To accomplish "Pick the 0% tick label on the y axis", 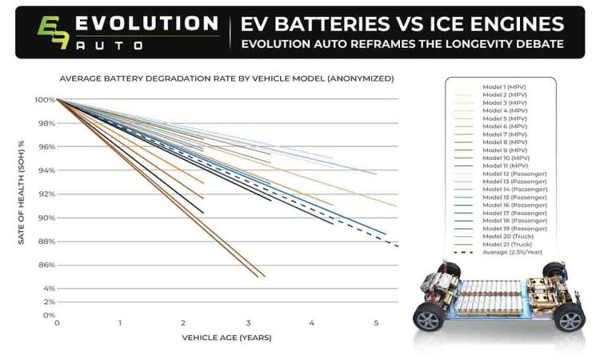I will point(46,315).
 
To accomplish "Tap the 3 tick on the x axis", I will point(248,323).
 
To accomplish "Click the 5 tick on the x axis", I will point(376,323).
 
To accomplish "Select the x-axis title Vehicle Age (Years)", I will point(226,338).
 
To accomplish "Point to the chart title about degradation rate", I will point(226,78).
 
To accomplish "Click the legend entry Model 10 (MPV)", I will point(506,157).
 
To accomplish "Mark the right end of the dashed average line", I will point(398,246).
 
